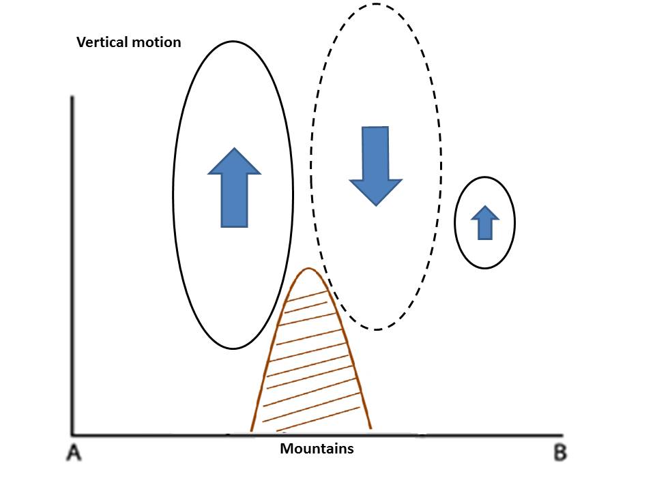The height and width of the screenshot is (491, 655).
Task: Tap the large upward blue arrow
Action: (234, 187)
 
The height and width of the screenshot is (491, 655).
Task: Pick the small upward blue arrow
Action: (484, 222)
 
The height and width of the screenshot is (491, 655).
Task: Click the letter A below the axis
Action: (74, 452)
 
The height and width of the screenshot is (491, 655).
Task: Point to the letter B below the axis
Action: (559, 452)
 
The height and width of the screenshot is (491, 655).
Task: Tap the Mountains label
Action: (317, 449)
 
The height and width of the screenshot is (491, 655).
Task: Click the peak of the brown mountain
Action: (309, 269)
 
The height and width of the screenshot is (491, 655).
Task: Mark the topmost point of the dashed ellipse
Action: (376, 4)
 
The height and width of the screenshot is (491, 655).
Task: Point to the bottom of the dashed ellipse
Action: (376, 329)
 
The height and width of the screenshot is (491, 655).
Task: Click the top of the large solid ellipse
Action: (233, 42)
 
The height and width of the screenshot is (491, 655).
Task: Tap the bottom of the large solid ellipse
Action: (233, 348)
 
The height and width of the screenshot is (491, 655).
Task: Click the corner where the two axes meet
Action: (72, 434)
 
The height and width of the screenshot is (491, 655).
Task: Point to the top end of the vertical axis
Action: (72, 98)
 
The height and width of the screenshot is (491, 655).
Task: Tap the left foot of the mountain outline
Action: (252, 430)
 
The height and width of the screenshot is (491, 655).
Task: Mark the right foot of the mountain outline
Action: (370, 428)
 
